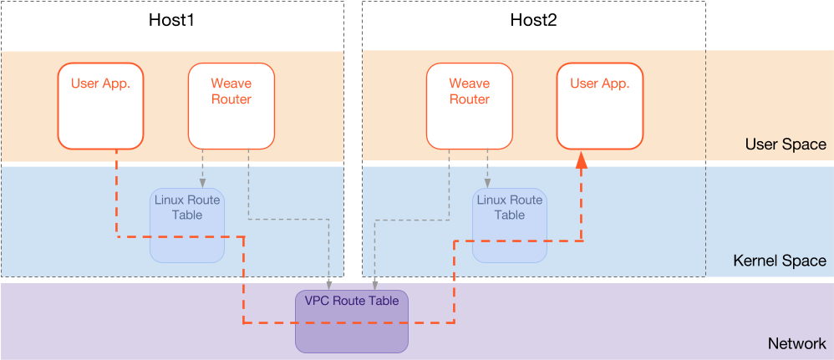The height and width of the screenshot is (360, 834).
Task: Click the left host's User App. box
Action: (x=101, y=105)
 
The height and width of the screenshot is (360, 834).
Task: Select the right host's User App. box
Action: (x=599, y=105)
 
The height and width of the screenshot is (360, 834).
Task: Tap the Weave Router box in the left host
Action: (x=231, y=105)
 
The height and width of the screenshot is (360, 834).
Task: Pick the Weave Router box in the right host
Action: (x=469, y=105)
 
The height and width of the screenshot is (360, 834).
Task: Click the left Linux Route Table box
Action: (x=187, y=225)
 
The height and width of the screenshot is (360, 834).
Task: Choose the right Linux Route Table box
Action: (x=509, y=225)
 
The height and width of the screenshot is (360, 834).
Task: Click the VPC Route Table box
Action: (x=351, y=321)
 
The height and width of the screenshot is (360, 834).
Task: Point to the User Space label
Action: (x=785, y=145)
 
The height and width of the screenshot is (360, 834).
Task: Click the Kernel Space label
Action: (x=779, y=261)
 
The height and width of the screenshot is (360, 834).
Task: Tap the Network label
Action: (x=796, y=344)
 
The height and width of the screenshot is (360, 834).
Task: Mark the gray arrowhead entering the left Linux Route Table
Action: (x=201, y=183)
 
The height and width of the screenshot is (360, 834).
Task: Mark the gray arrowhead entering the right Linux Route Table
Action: (x=488, y=183)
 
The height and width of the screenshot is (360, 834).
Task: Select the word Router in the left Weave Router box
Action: (x=231, y=99)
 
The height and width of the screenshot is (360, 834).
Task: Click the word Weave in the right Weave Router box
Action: (x=469, y=84)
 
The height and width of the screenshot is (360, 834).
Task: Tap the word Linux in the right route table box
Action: (x=492, y=200)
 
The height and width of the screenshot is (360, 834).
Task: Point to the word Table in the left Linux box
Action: (x=187, y=215)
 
